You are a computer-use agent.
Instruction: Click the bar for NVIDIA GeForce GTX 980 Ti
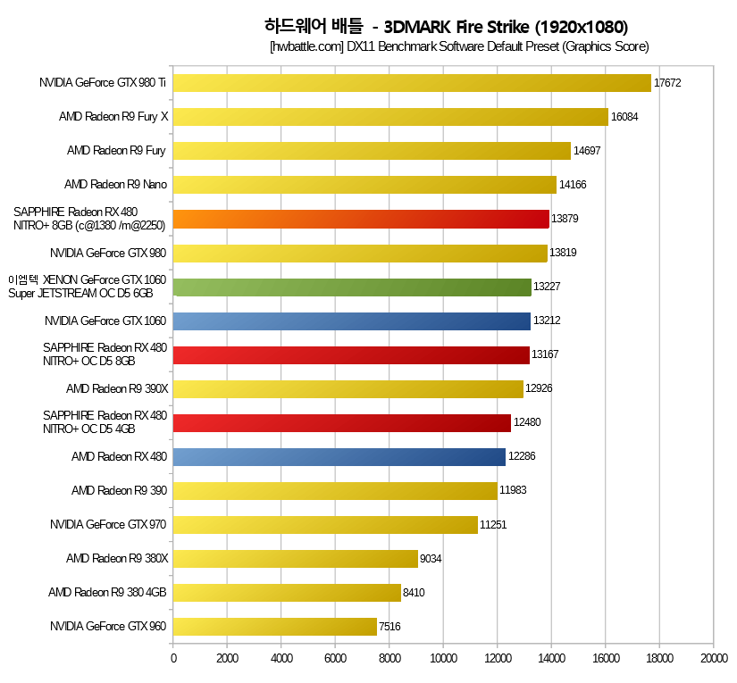(412, 83)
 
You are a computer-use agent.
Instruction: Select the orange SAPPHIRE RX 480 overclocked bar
(361, 219)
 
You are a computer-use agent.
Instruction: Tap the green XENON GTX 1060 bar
(352, 287)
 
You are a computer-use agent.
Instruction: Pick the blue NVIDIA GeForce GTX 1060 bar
(352, 321)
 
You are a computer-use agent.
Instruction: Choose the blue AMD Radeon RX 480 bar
(339, 456)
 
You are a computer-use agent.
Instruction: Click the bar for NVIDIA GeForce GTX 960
(275, 626)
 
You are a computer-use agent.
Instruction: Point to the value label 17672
(667, 83)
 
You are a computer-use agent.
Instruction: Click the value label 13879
(565, 219)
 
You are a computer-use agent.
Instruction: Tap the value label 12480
(526, 422)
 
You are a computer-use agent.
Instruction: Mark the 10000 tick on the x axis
(443, 659)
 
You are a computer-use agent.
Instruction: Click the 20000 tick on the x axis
(713, 659)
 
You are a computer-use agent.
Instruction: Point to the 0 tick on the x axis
(173, 659)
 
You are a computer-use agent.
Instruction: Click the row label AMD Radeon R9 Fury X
(113, 117)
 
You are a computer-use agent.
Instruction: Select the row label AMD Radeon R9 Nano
(116, 185)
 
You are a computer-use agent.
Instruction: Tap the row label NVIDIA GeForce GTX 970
(109, 524)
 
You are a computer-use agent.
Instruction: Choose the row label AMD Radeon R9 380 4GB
(108, 592)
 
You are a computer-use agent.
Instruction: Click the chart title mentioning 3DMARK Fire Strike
(447, 26)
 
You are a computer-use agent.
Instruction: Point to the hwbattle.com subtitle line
(458, 46)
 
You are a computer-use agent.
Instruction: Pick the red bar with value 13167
(351, 354)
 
